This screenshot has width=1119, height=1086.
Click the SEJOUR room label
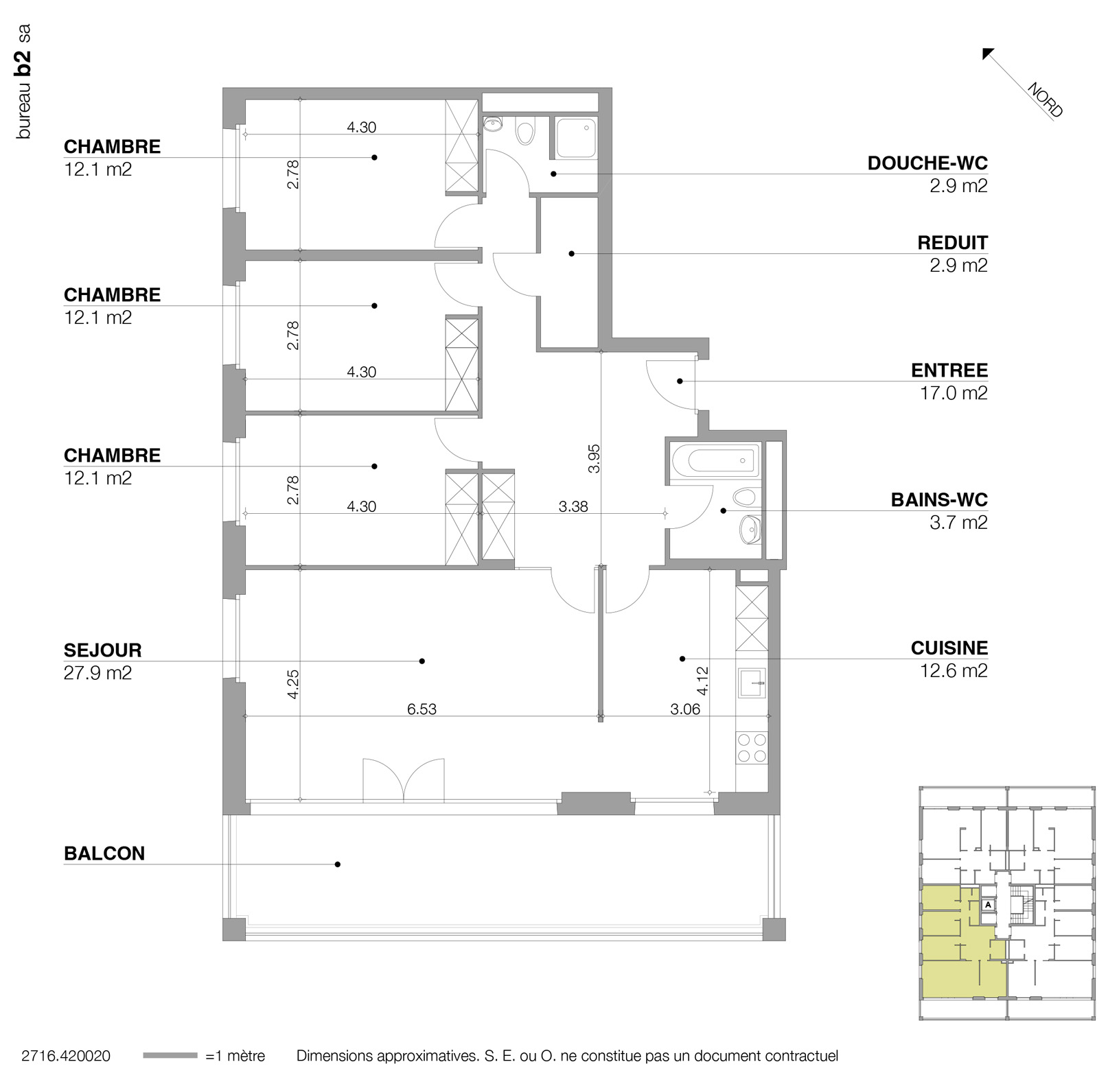tap(102, 650)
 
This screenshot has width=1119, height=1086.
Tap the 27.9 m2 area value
tap(97, 673)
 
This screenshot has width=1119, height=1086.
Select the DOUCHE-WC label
tap(927, 163)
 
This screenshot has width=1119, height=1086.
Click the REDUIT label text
tap(952, 243)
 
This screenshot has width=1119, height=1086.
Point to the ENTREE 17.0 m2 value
tap(954, 393)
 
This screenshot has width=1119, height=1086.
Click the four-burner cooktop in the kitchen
tap(751, 748)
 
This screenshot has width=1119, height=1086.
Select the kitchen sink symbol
tap(752, 683)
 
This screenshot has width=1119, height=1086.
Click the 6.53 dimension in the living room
tap(422, 709)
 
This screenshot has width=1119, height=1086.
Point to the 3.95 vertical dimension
tap(595, 458)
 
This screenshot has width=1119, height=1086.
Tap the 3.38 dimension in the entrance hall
tap(573, 507)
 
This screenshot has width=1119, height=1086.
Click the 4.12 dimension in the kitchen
tap(702, 681)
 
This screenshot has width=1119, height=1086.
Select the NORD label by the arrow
tap(1044, 101)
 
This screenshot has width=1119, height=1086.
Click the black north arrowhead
tap(988, 54)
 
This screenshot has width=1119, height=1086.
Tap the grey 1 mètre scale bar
tap(170, 1056)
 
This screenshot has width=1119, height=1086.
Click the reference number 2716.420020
tap(66, 1056)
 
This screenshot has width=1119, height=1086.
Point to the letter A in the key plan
tap(988, 905)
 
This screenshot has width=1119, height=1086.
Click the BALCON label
tap(104, 853)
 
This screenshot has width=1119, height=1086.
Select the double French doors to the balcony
tap(404, 780)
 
